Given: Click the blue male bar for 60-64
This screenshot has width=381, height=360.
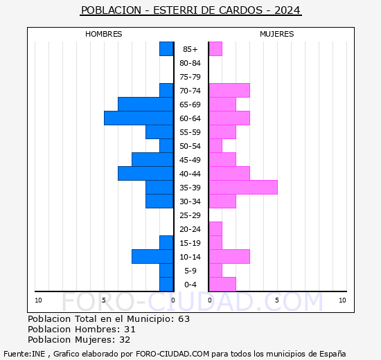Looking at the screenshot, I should pos(139,118).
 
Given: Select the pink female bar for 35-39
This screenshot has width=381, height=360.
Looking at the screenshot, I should pos(242,188).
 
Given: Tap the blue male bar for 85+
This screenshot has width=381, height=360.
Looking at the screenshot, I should pos(166,49).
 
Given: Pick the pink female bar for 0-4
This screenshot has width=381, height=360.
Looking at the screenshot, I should pos(222,285).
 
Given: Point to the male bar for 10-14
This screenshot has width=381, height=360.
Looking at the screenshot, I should pos(152,257).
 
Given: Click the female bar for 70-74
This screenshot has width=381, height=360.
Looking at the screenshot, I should pos(229,91).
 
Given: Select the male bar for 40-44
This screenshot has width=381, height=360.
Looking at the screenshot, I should pos(145,174).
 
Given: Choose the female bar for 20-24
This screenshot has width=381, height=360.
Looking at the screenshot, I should pos(215,229).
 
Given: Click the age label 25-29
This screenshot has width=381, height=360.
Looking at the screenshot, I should pos(190,215).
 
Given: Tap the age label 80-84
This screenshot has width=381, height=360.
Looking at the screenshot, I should pos(190,63).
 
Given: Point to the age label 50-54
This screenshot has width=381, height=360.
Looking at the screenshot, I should pos(190,146).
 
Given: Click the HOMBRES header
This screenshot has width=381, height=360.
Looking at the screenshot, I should pos(104,34).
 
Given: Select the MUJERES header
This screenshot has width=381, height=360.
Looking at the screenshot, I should pos(276,34).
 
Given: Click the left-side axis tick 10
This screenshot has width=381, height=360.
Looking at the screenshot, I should pos(38,300).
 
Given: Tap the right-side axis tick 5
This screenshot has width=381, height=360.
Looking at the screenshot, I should pos(276,300).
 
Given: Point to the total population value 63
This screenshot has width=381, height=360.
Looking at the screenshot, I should pos(184,319).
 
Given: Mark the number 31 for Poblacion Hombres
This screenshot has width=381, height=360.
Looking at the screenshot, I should pos(130,330).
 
